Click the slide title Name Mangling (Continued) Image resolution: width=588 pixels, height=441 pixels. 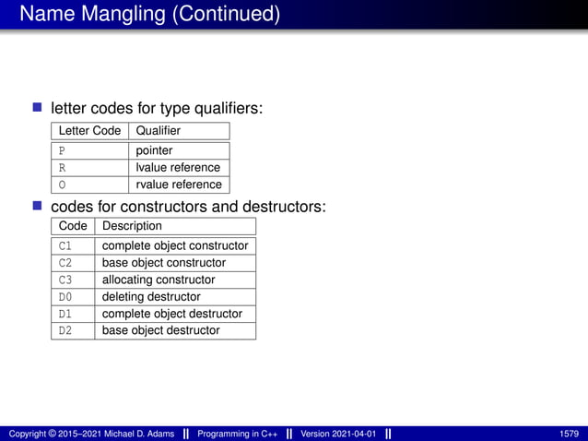(149, 15)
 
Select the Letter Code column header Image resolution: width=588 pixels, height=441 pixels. (89, 131)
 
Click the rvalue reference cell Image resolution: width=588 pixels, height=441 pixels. (178, 185)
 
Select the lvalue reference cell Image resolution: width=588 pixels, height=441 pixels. (178, 168)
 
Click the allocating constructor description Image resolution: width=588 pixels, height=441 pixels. (159, 280)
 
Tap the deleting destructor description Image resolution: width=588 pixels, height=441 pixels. (151, 297)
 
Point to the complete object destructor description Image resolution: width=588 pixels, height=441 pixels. (172, 314)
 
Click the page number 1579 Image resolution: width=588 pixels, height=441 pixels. (570, 434)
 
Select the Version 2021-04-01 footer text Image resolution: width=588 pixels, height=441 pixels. (338, 434)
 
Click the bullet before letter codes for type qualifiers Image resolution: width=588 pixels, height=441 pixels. (38, 108)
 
